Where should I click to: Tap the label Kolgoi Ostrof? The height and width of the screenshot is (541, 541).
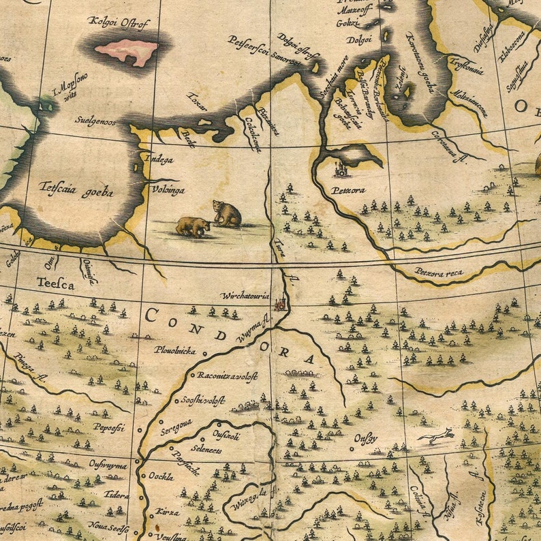(120, 22)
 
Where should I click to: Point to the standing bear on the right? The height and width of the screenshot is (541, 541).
(227, 213)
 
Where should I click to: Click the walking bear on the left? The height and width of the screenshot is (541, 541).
(193, 226)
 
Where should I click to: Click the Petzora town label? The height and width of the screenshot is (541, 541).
(349, 190)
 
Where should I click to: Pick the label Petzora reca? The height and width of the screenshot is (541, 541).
(439, 273)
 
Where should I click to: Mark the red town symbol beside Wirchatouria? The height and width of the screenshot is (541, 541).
(280, 303)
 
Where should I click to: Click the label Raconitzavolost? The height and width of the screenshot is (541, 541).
(227, 375)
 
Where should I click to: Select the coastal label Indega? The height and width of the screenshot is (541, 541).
(159, 159)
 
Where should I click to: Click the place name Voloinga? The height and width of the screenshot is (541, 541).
(168, 190)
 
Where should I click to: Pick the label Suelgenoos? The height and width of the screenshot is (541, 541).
(95, 123)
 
